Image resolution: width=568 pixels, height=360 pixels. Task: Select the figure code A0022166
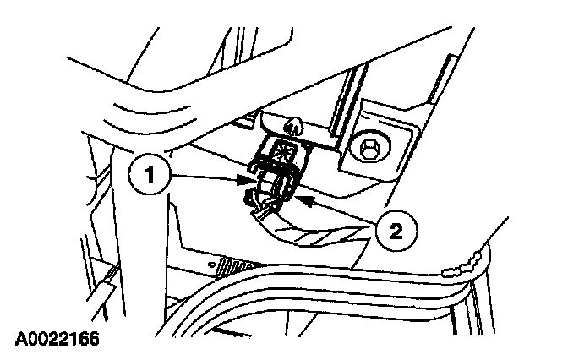57,341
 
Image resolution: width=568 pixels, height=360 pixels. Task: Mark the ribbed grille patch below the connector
230,264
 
